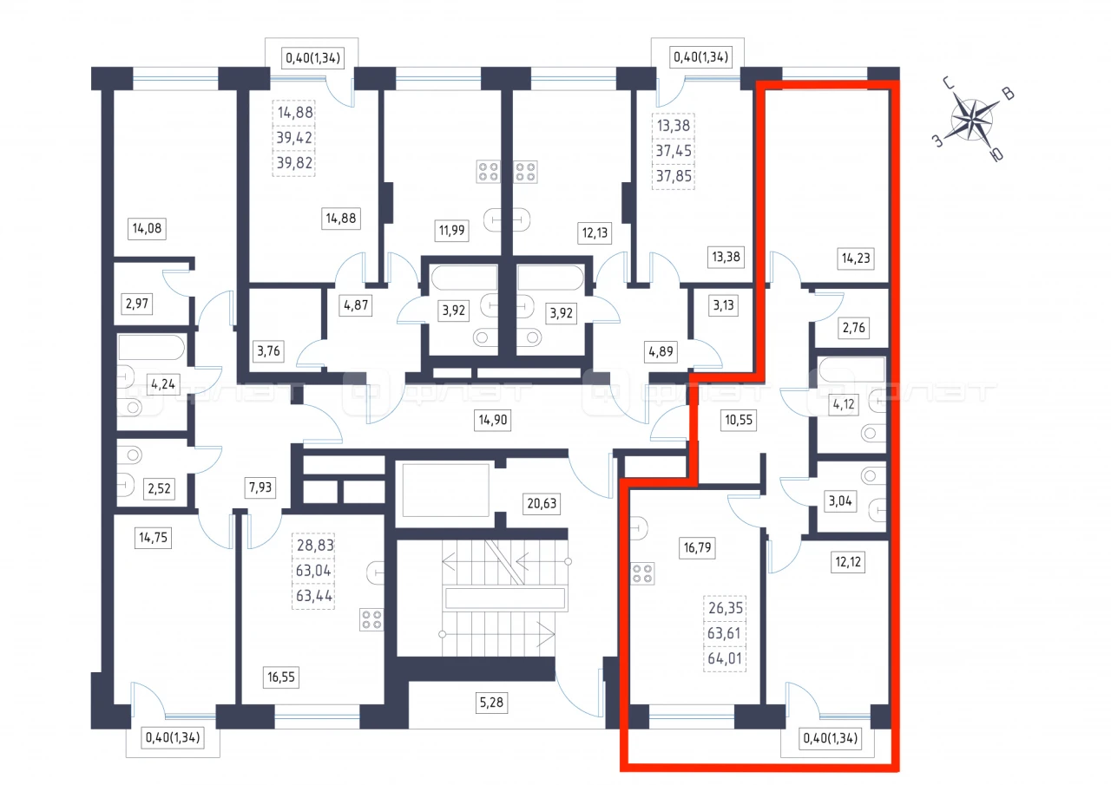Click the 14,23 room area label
click(x=856, y=258)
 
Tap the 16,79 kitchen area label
click(x=697, y=547)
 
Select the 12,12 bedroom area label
click(x=848, y=562)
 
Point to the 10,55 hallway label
click(x=739, y=420)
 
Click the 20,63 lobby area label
click(x=542, y=503)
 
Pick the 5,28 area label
click(x=491, y=703)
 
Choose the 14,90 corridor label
click(x=492, y=420)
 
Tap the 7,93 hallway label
click(x=260, y=487)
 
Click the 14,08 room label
click(x=147, y=228)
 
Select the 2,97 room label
click(x=137, y=304)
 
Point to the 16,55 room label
click(x=281, y=677)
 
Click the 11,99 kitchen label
click(x=452, y=231)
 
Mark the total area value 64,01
click(x=725, y=658)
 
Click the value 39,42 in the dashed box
click(x=294, y=138)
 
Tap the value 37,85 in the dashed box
click(x=674, y=176)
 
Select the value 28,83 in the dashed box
click(x=315, y=545)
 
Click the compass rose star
click(x=971, y=121)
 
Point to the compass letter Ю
click(x=996, y=154)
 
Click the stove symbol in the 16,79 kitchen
click(x=643, y=574)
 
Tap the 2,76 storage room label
click(x=853, y=328)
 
